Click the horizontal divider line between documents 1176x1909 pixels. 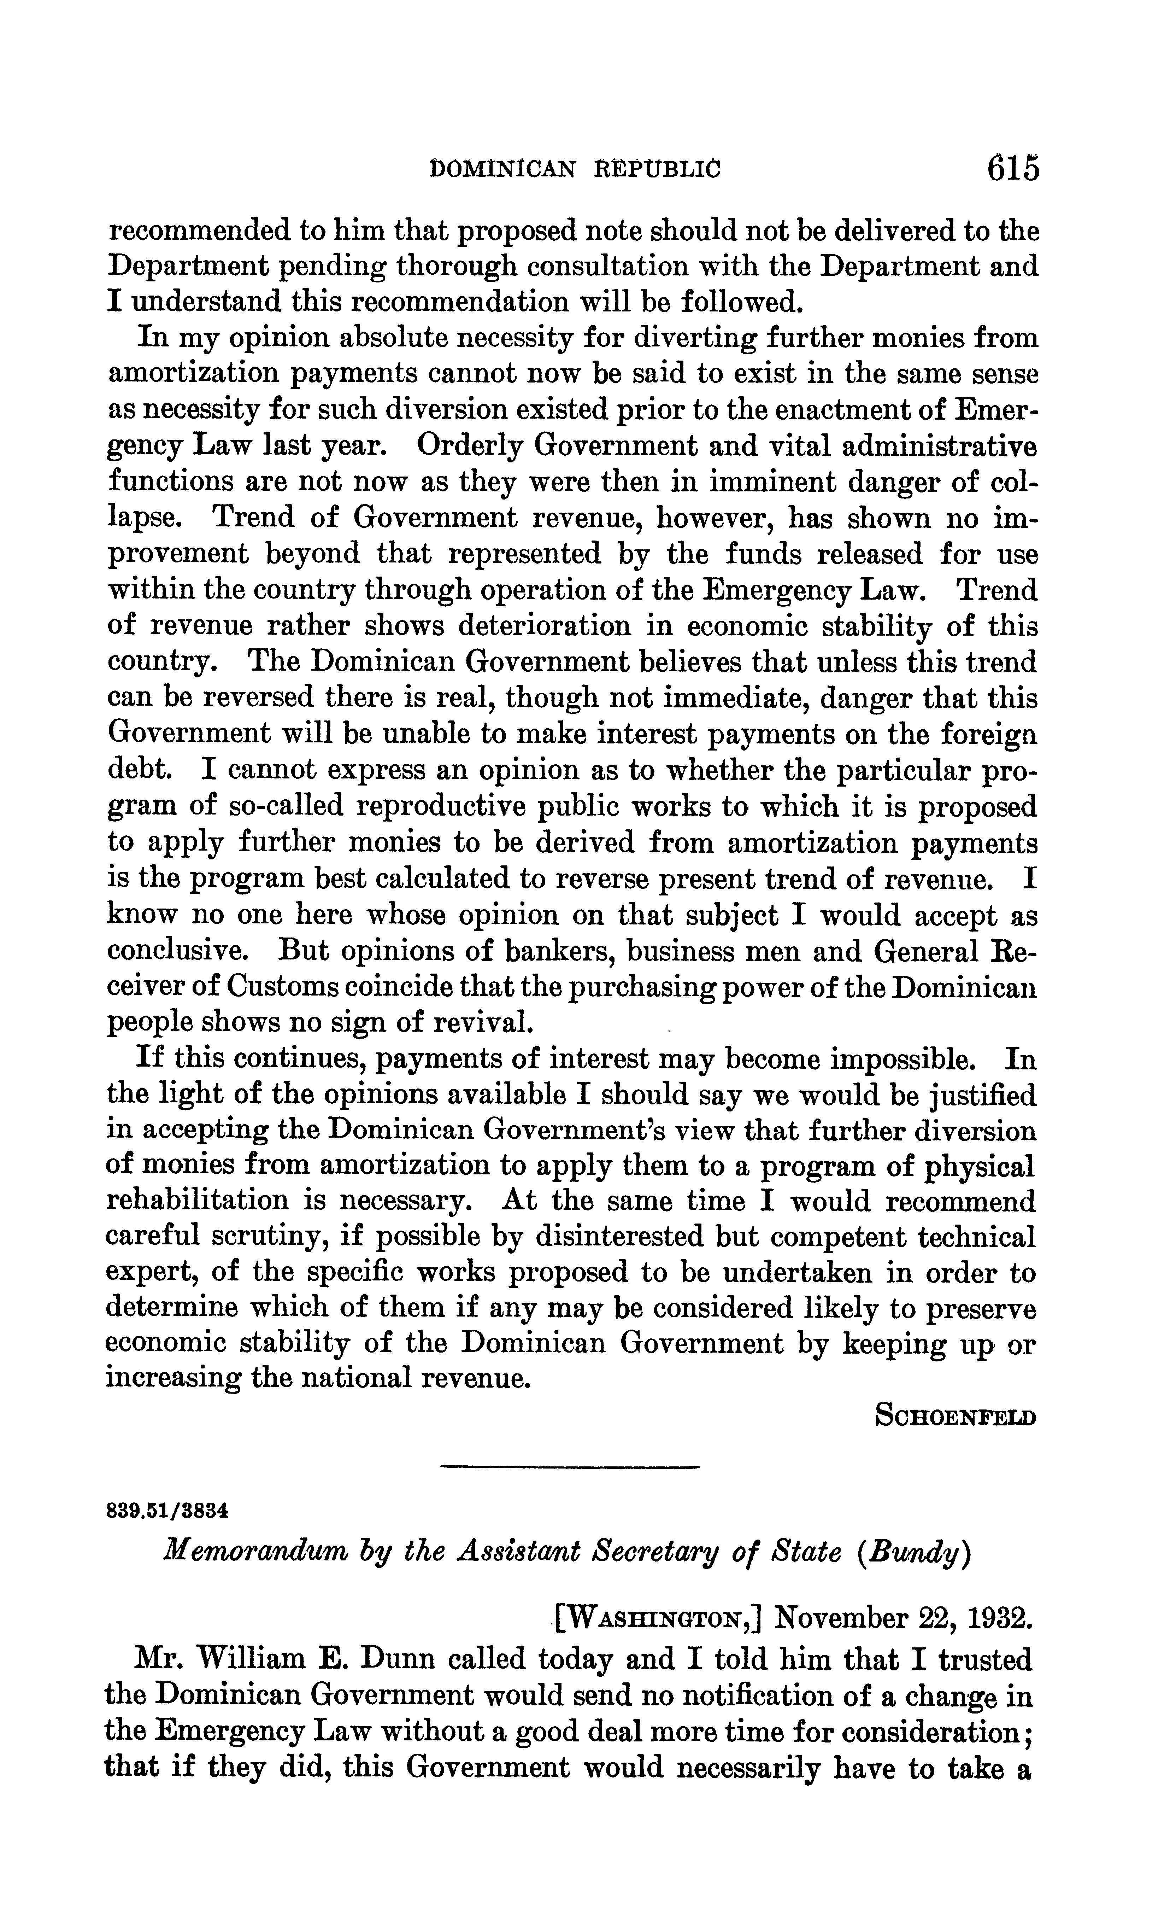point(570,1467)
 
